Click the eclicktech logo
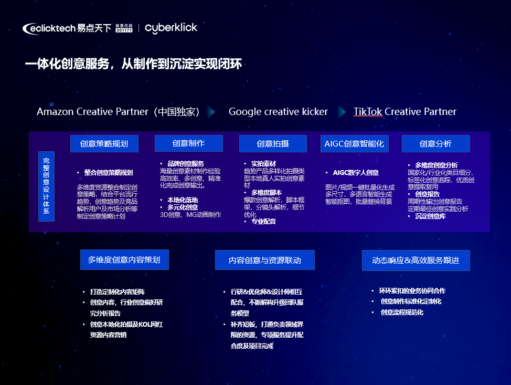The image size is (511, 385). [67, 28]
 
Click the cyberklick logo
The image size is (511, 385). [171, 28]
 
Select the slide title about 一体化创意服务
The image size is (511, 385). [133, 64]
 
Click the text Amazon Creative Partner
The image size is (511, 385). [92, 111]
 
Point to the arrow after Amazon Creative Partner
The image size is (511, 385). [211, 112]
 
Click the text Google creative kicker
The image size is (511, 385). [278, 111]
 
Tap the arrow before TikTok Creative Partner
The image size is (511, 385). [342, 112]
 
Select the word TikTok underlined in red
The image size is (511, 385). [368, 111]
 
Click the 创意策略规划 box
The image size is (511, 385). [104, 143]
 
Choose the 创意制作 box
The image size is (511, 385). [189, 143]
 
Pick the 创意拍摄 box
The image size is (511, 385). [273, 143]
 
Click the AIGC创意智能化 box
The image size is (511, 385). [354, 143]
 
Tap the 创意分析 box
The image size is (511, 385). [436, 143]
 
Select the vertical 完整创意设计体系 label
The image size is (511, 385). [46, 186]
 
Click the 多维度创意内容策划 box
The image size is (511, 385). [124, 259]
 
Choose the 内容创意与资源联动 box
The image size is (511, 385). [264, 260]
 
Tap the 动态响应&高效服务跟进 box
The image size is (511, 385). [416, 261]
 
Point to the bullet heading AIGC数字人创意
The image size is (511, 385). [356, 173]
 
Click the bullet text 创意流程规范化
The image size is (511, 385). [402, 312]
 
